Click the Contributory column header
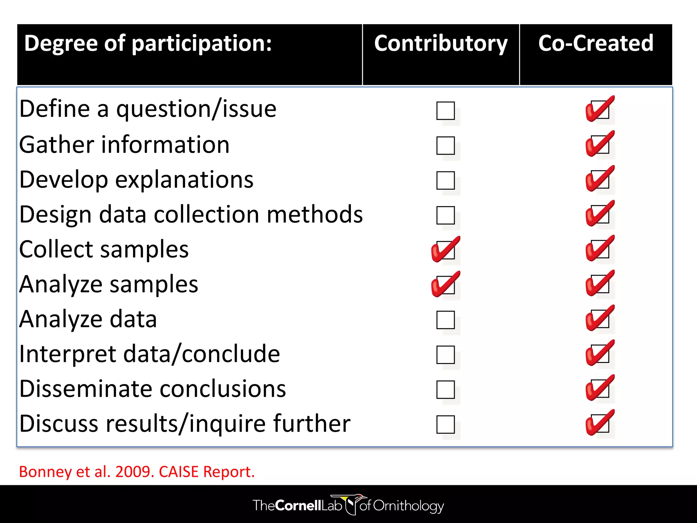[441, 44]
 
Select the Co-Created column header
[596, 44]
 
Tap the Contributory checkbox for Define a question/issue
[445, 111]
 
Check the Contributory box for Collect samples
[445, 250]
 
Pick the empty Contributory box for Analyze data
[445, 320]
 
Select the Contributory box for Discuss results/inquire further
[445, 424]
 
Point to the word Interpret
[68, 354]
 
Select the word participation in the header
[201, 44]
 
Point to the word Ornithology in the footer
[408, 506]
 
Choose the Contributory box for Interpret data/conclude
[445, 355]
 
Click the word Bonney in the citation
[46, 472]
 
